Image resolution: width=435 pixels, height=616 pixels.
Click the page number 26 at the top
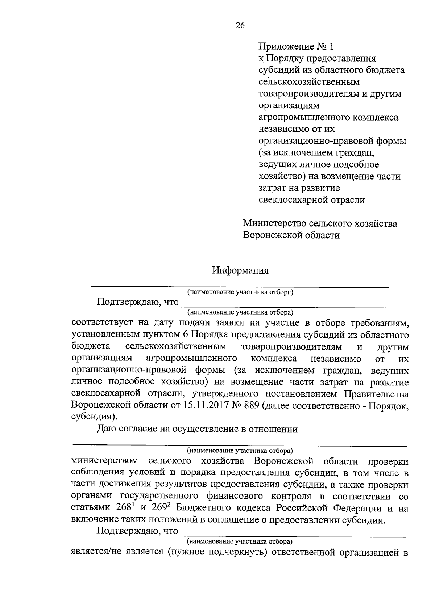[240, 25]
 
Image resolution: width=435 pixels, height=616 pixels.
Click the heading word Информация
[240, 270]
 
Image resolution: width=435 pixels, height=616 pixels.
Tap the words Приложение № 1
[296, 46]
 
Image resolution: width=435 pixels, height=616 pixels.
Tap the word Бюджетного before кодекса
[202, 508]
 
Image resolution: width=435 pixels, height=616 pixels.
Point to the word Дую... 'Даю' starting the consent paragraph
[105, 429]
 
